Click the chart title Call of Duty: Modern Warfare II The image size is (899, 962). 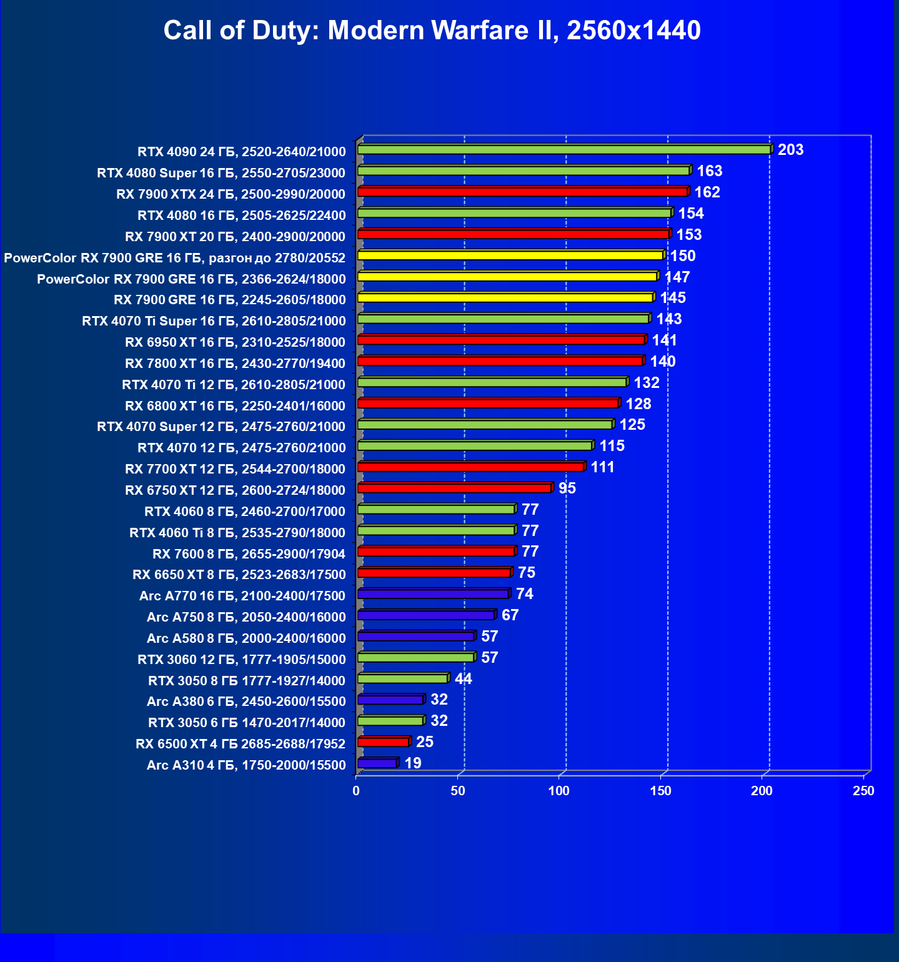tap(432, 31)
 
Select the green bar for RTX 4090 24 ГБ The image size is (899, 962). tap(564, 150)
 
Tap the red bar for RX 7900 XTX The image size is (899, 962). tap(522, 192)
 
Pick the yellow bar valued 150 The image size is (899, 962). tap(510, 255)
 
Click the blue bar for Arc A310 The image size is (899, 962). tap(377, 763)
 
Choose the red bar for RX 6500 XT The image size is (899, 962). tap(383, 742)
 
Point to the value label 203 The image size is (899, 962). tap(790, 150)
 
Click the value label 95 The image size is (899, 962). tap(567, 488)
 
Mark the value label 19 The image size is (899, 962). tap(413, 763)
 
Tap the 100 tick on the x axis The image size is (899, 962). tap(559, 791)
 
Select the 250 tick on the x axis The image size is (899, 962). tap(864, 791)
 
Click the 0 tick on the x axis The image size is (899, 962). tap(356, 791)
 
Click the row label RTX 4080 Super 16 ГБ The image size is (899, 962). tap(221, 173)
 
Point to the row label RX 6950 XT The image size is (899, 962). tap(235, 342)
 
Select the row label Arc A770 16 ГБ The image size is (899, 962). tap(242, 596)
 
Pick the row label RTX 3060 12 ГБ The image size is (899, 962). tap(241, 660)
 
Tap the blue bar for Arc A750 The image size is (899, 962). tap(425, 616)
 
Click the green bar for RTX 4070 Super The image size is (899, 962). tap(485, 425)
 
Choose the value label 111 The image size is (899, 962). tap(603, 467)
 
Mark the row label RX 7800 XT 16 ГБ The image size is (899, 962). tap(235, 364)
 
